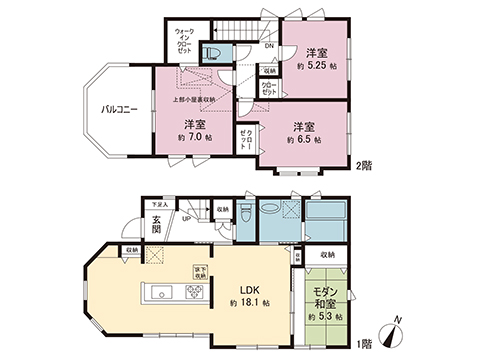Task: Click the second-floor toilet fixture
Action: click(x=212, y=54)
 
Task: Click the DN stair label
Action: click(x=270, y=46)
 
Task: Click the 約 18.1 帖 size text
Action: click(x=245, y=302)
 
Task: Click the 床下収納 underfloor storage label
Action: click(x=199, y=270)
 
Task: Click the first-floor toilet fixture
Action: click(x=246, y=214)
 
